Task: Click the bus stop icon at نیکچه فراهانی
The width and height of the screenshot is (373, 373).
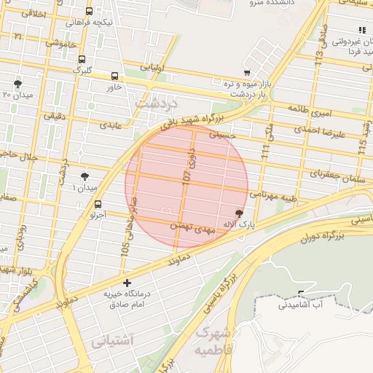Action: tap(89, 12)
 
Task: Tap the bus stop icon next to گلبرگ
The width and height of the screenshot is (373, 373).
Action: tap(82, 60)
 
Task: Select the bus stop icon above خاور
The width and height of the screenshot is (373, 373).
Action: tap(114, 76)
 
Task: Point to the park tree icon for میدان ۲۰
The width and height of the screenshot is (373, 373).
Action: tap(17, 84)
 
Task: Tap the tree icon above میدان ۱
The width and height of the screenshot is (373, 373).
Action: tap(85, 176)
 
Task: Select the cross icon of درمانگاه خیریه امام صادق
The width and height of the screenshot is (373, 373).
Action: tap(127, 282)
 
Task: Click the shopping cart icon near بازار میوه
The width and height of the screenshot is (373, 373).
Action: tap(248, 73)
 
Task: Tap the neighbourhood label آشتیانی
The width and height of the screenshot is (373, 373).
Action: tap(112, 340)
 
